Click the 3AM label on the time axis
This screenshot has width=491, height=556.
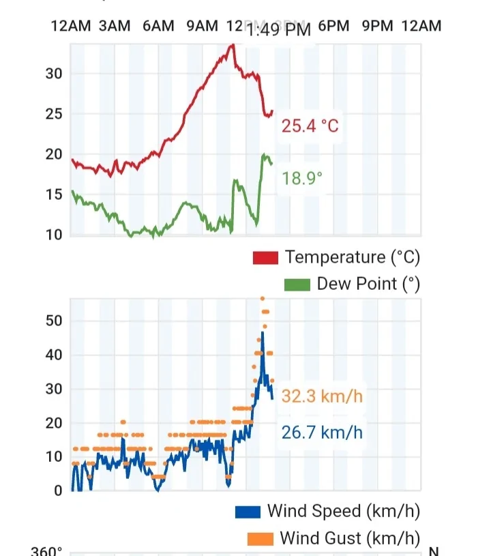[114, 26]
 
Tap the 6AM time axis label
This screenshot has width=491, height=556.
[158, 26]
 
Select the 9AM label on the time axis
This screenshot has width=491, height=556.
[202, 26]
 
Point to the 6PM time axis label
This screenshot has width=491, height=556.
[333, 26]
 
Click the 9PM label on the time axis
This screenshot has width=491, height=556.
[378, 26]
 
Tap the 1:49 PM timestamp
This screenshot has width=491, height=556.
[279, 29]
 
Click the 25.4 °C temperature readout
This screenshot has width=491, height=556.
[310, 126]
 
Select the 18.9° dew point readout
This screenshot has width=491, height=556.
[303, 179]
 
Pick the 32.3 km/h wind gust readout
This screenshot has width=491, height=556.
[322, 396]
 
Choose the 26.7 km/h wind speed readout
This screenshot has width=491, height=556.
[322, 432]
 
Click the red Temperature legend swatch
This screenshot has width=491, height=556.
[265, 258]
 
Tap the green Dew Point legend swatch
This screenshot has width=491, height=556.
[297, 284]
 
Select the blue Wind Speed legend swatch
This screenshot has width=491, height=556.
[248, 511]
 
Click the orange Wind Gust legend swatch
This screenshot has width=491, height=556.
[261, 538]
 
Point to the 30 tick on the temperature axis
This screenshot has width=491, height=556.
[54, 74]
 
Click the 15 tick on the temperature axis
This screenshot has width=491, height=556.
[54, 194]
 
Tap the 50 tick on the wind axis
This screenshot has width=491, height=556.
[54, 321]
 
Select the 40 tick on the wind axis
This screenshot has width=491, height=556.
[54, 355]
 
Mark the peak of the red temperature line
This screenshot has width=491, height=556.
[233, 45]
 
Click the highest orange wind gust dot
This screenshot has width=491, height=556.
[263, 298]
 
